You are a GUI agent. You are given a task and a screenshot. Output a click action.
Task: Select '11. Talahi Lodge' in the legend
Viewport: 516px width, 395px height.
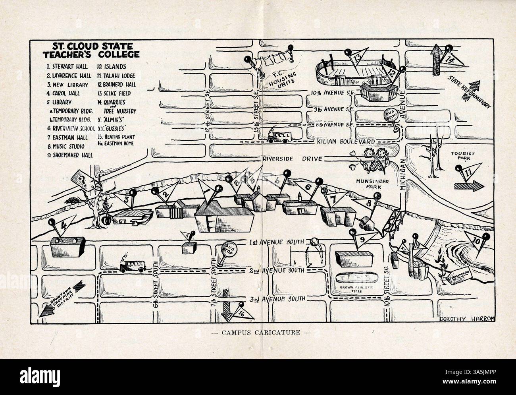[x=116, y=75]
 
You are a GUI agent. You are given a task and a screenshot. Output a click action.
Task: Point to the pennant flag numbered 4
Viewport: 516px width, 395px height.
[x=62, y=228]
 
